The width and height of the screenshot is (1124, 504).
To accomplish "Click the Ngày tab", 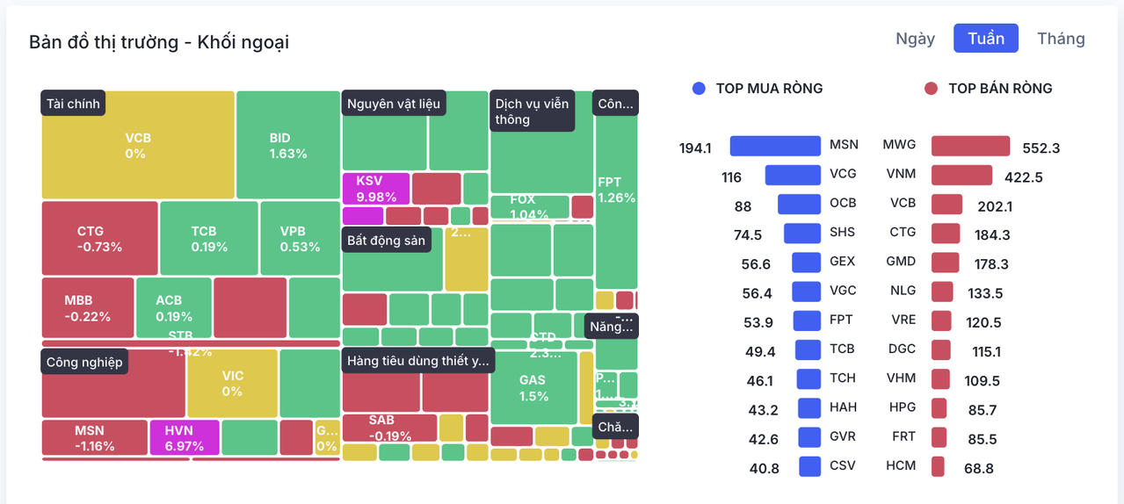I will (915, 39).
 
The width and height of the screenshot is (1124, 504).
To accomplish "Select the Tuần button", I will (985, 39).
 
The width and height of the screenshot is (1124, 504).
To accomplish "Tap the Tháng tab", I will (1061, 39).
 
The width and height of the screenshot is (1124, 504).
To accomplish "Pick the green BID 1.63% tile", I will (288, 146).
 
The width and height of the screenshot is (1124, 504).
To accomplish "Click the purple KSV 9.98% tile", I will (375, 188).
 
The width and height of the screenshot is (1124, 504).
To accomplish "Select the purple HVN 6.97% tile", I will (184, 437).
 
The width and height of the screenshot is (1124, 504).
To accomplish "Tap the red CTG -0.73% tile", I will (99, 239).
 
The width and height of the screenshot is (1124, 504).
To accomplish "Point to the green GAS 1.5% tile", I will (533, 387).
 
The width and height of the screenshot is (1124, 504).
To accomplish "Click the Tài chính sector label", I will (74, 104).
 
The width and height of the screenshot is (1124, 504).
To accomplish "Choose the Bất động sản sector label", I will (386, 241).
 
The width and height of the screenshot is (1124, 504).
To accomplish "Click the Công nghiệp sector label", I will (84, 362).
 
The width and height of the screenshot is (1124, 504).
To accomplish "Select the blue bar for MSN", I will (774, 146).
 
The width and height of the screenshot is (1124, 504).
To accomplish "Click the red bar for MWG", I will (970, 146).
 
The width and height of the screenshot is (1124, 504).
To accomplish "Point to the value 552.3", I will (1041, 148).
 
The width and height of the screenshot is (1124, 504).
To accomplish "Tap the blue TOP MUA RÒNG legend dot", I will (699, 89).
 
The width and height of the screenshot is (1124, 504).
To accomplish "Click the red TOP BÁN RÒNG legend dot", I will (932, 89).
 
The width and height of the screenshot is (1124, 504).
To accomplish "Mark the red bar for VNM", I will (961, 175).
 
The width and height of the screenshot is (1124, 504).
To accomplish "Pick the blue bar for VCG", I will (792, 175).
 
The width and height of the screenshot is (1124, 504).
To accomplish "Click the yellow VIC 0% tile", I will (232, 383).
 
